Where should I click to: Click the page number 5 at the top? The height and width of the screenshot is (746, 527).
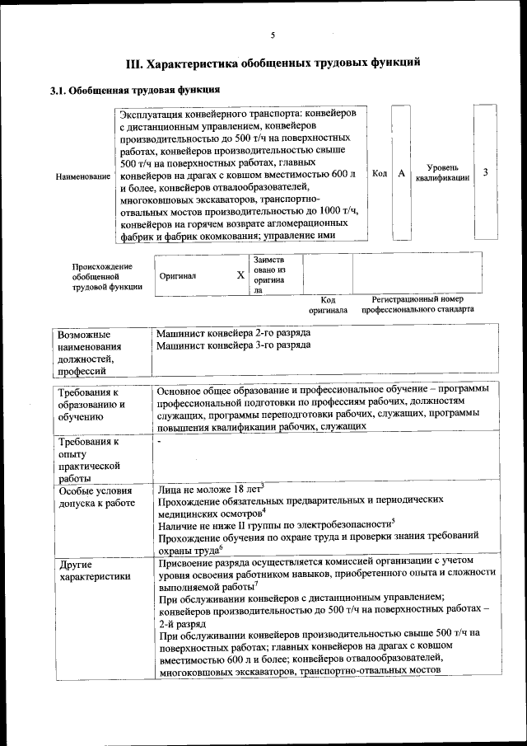(x=272, y=35)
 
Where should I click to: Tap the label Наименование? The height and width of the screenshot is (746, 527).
(x=82, y=176)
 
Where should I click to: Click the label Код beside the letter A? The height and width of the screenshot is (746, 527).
(x=380, y=173)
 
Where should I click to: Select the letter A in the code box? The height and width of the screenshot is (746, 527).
(x=401, y=173)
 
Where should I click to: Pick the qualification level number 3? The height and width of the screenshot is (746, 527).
(x=486, y=172)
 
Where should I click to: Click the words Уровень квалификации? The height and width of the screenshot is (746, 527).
(x=442, y=172)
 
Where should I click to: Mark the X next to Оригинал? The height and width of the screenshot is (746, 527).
(x=240, y=275)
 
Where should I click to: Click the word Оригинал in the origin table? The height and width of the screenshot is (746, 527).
(x=178, y=276)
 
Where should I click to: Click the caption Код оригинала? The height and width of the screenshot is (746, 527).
(x=328, y=305)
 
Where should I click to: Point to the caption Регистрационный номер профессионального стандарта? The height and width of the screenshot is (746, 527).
(x=417, y=305)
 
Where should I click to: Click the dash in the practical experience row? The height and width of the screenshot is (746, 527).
(x=161, y=443)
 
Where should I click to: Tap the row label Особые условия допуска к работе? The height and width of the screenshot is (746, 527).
(x=96, y=496)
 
